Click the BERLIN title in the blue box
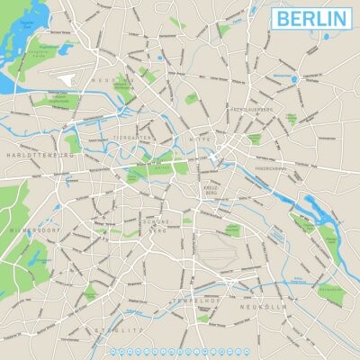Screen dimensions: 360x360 [x=311, y=18]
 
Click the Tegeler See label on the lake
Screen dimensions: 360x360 [x=28, y=23]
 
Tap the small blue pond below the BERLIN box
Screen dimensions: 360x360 [x=294, y=78]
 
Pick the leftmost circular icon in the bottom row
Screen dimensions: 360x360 [x=112, y=350]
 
